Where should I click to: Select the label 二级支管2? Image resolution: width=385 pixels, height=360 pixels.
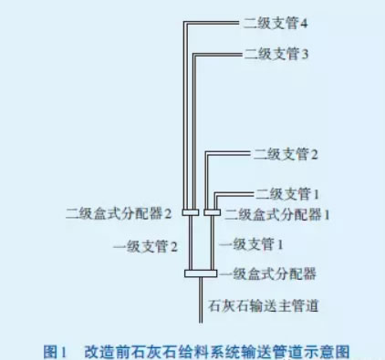coord(286,155)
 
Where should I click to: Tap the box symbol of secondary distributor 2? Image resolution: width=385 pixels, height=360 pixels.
coord(190,213)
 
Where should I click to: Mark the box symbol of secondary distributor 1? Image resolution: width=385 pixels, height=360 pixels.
coord(212,213)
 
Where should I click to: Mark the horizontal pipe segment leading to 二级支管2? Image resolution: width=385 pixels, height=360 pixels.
coord(242,156)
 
